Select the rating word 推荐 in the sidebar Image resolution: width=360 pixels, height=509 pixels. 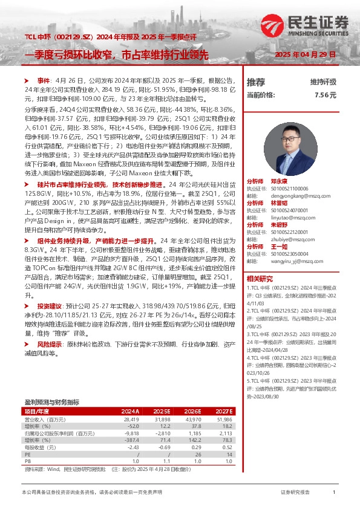(256, 82)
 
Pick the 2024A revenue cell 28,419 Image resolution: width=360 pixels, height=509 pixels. (131, 418)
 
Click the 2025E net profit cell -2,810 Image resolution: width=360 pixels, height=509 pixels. (162, 432)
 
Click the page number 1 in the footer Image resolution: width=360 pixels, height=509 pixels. (333, 493)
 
